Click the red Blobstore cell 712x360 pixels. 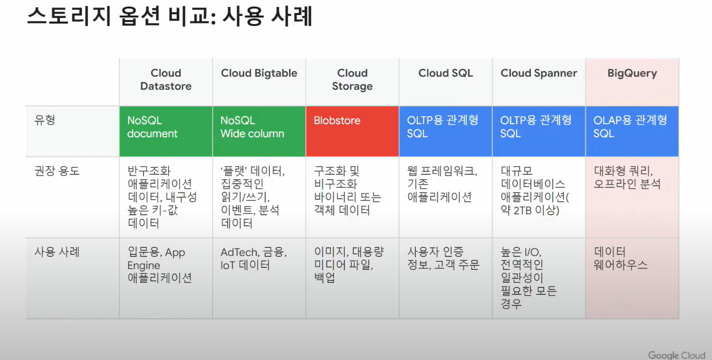point(352,131)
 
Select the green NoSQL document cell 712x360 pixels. point(166,131)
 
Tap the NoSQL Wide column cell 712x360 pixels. point(259,131)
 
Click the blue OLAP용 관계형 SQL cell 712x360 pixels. point(632,131)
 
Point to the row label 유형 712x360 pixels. point(45,120)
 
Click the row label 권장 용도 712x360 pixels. point(57,171)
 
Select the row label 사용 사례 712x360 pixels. point(57,252)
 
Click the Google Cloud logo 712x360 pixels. point(676,355)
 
